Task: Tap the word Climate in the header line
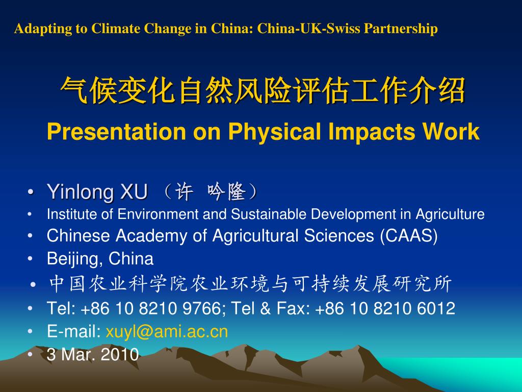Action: coord(116,29)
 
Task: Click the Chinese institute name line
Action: coord(250,284)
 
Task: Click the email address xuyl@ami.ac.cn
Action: coord(167,332)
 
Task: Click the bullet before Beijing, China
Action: coord(32,259)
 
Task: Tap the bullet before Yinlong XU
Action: coord(32,193)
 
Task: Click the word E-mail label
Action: coord(73,332)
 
